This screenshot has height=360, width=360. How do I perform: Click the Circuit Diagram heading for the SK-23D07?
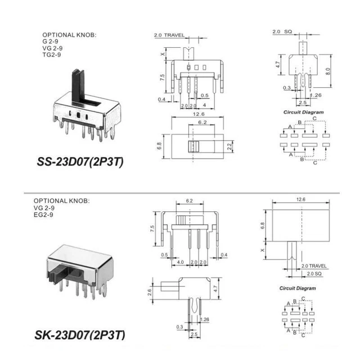298,289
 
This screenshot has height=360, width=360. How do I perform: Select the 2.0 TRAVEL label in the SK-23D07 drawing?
314,265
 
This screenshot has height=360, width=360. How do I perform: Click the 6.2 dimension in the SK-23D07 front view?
189,200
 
